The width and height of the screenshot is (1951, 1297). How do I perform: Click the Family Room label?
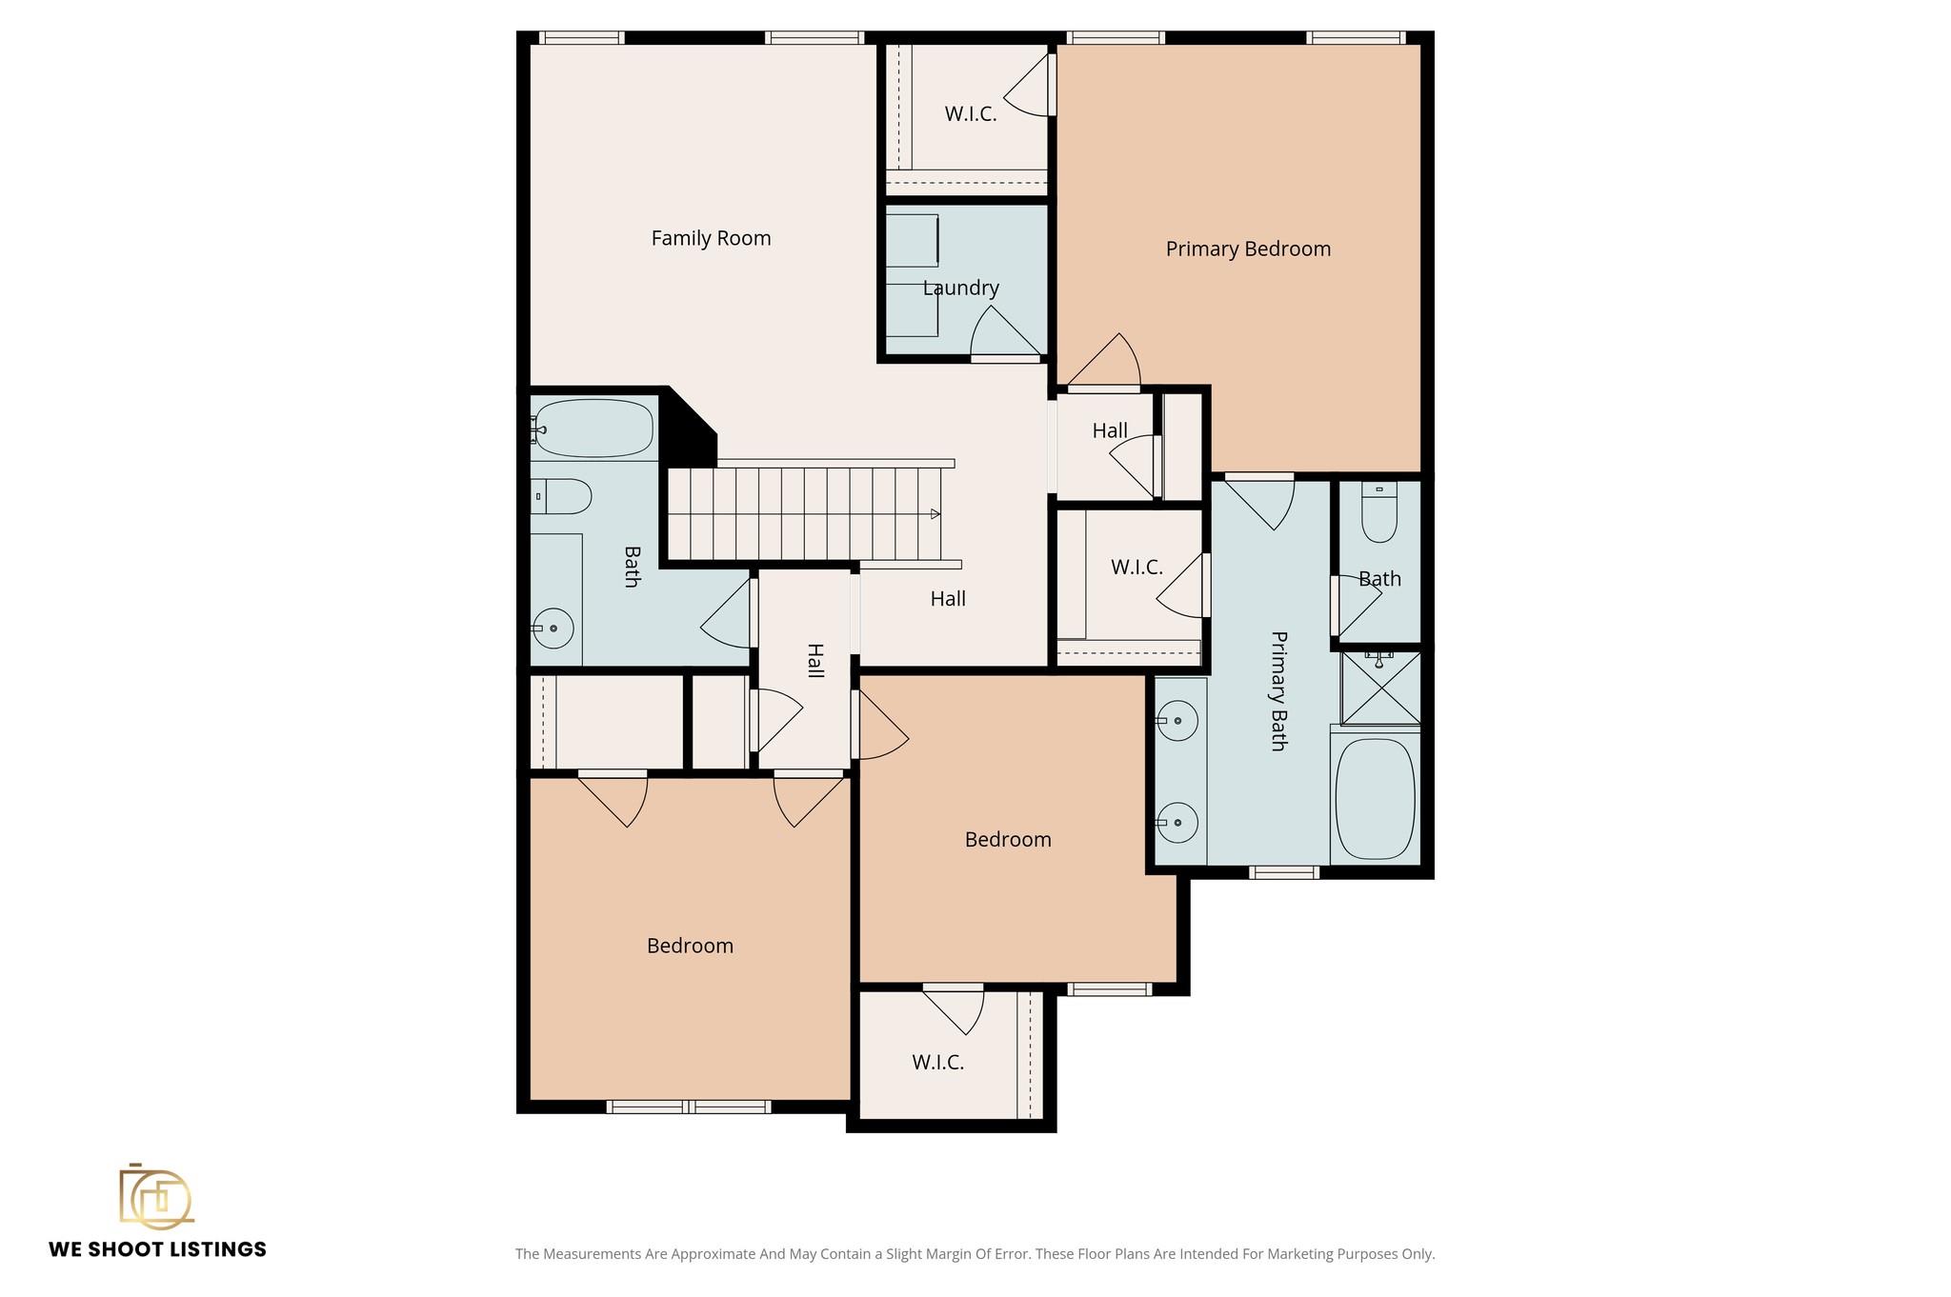point(711,238)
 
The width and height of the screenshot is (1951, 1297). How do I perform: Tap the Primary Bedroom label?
point(1248,249)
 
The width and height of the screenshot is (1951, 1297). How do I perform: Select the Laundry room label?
point(960,288)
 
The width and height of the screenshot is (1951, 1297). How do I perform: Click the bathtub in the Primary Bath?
point(1375,798)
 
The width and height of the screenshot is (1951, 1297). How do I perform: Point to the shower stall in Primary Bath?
point(1380,688)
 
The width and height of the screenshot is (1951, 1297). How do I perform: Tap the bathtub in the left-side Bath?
point(593,429)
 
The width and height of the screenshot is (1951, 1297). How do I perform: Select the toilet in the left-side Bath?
point(562,496)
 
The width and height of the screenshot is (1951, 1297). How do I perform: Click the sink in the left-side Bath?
point(553,629)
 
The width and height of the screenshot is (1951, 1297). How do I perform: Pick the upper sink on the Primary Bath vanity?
point(1178,721)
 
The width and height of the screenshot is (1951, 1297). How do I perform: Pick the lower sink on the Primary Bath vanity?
point(1178,822)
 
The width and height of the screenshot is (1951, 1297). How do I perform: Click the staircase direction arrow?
point(935,514)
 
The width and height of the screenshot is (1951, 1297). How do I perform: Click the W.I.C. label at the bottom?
point(937,1062)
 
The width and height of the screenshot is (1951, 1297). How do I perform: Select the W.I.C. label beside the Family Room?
point(970,114)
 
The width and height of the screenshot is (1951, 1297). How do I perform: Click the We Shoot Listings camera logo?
point(155,1196)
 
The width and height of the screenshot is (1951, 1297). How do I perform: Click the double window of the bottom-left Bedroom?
point(688,1107)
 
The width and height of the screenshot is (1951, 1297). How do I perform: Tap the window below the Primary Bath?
point(1283,871)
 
